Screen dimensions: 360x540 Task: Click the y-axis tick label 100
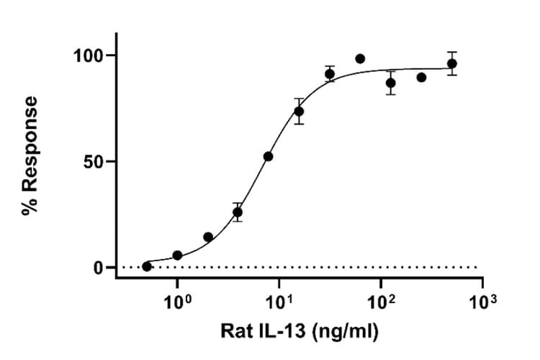pos(88,55)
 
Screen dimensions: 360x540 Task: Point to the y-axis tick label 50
pos(94,161)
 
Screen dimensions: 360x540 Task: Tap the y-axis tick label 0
pos(99,267)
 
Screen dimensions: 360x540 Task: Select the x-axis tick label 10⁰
pos(177,302)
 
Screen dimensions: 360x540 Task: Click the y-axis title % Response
pos(30,156)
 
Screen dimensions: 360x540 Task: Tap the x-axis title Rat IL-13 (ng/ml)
pos(299,332)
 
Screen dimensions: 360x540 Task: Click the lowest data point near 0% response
pos(147,266)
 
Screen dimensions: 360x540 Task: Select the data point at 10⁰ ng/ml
pos(177,256)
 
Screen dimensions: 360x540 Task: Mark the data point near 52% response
pos(269,156)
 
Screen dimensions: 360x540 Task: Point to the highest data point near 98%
pos(360,58)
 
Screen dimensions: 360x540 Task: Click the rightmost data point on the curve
pos(452,63)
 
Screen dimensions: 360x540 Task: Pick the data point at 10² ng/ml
pos(391,83)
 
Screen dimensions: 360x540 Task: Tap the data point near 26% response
pos(238,212)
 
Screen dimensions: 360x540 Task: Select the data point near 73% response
pos(299,112)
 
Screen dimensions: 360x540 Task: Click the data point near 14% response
pos(208,237)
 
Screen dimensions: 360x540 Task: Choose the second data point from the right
pos(421,77)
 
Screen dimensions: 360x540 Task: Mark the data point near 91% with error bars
pos(330,74)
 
